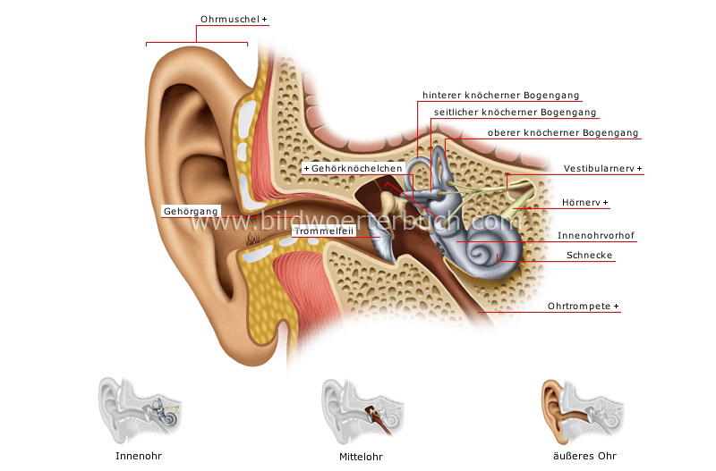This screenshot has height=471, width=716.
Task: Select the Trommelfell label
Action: coord(323,230)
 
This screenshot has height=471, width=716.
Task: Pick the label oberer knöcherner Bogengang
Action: coord(563,133)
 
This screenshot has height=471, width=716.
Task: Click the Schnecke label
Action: coord(590,256)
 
